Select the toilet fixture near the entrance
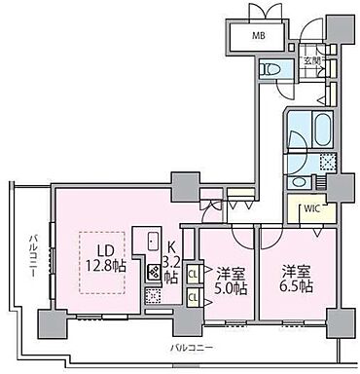point(273,69)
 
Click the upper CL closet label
point(193,275)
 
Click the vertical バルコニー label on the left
point(33,255)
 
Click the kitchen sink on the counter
point(154,243)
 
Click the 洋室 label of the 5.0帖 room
point(231,270)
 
